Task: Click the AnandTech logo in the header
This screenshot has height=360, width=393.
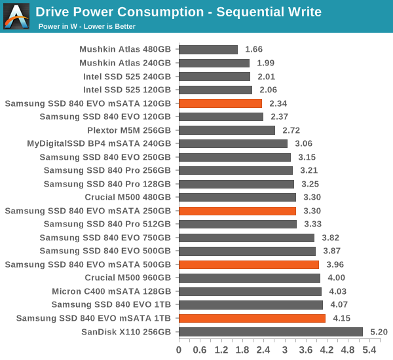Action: coord(16,16)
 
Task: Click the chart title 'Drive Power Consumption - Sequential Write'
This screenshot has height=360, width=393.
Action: coord(178,12)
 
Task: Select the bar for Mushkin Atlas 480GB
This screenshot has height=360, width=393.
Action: coord(208,50)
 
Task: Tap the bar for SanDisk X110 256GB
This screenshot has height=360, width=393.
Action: coord(271,332)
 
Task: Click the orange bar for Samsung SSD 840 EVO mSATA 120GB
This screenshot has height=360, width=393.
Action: coord(220,103)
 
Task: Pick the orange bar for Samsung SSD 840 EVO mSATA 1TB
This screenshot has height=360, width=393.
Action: coord(252,318)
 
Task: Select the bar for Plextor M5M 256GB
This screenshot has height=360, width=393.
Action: coord(227,130)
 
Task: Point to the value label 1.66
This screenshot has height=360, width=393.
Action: coord(254,50)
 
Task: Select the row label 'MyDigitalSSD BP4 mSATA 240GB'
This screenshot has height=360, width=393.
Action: coord(99,143)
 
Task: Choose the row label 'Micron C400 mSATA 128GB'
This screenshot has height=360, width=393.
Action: coord(111,291)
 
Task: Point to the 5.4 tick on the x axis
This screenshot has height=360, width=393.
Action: coord(369,349)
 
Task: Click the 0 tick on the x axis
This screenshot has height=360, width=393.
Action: coord(179,349)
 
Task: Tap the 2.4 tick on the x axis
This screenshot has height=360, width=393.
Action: coord(263,349)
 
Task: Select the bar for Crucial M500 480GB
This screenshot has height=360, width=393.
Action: coord(237,197)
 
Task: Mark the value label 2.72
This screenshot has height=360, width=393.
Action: coord(291,130)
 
